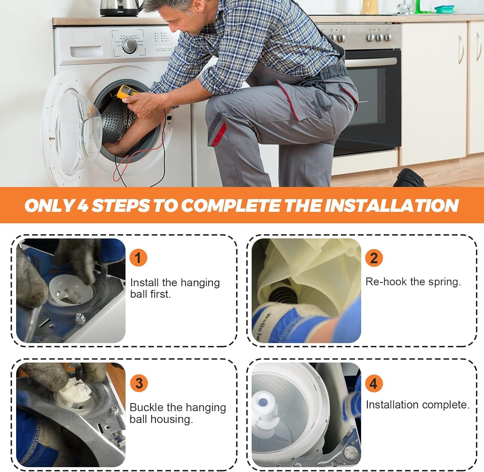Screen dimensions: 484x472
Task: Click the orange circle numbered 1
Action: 138,258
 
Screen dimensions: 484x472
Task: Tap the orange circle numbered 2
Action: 374,258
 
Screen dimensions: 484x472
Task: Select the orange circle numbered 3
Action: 139,383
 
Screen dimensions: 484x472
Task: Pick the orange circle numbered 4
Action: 374,383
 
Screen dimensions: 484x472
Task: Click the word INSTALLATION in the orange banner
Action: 391,205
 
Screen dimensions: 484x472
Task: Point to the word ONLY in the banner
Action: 49,206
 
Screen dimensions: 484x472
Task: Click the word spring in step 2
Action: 444,282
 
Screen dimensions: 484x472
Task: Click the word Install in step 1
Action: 145,283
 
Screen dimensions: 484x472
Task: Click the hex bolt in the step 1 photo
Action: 79,318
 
